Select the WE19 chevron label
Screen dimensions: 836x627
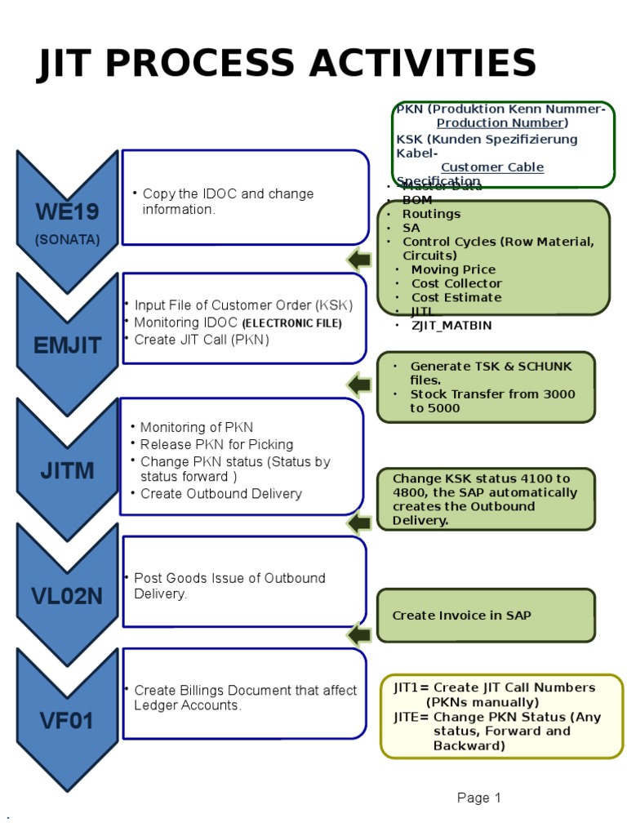(x=67, y=212)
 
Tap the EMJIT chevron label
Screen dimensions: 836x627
(x=67, y=345)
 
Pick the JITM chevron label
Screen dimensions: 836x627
(x=67, y=471)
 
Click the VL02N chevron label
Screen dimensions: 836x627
(x=67, y=596)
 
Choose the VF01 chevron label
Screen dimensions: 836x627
(x=67, y=721)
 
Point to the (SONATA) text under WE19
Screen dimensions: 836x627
(x=67, y=240)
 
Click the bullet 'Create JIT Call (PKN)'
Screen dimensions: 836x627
(x=201, y=340)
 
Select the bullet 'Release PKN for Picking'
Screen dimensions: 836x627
(x=216, y=444)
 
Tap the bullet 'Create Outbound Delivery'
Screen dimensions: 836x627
(x=220, y=493)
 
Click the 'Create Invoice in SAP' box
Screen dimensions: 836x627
(x=461, y=616)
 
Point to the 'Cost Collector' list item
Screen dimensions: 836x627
(x=456, y=283)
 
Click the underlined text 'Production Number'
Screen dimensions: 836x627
(x=500, y=123)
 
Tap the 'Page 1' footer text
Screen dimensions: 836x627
(x=479, y=798)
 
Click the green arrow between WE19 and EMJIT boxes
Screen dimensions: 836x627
(x=358, y=260)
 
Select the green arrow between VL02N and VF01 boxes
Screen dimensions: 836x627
(x=358, y=634)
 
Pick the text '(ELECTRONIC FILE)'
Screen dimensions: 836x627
(x=291, y=323)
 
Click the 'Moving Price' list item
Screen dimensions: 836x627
(x=453, y=269)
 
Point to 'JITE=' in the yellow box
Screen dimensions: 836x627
(x=411, y=717)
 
